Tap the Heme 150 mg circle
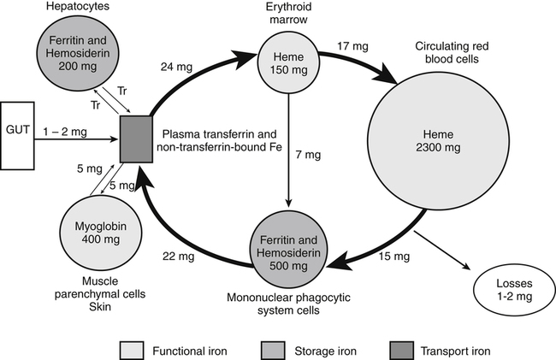pos(289,56)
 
